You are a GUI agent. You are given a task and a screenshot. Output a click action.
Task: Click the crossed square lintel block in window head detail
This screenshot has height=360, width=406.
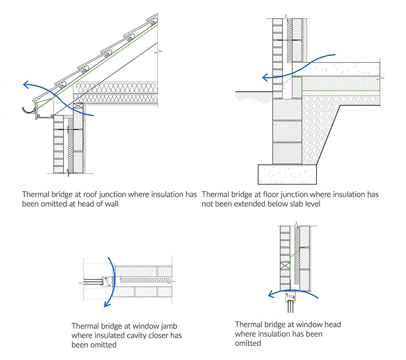pyautogui.click(x=285, y=266)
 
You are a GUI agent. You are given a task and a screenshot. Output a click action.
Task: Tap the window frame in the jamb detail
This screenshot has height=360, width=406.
pyautogui.click(x=105, y=280)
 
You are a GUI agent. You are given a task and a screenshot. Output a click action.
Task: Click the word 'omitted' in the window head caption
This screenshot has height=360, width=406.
pyautogui.click(x=248, y=343)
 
